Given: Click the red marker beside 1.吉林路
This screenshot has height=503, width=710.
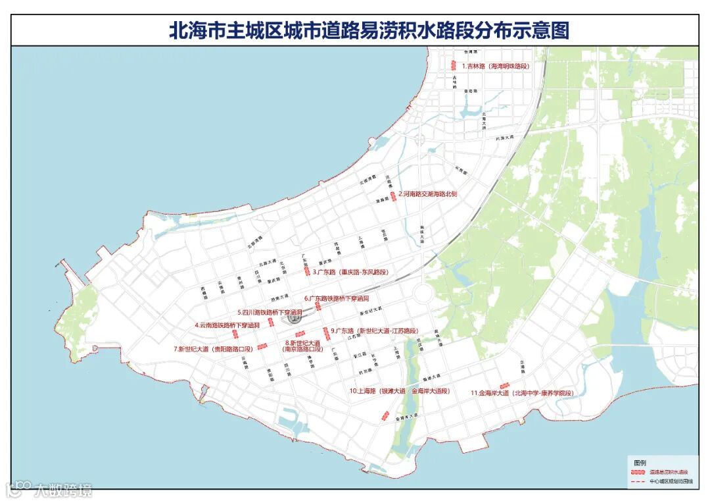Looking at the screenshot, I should click(x=454, y=65).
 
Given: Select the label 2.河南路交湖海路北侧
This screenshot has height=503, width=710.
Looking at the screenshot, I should click(x=431, y=194).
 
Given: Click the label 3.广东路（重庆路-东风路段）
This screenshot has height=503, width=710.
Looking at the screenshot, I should click(x=350, y=271).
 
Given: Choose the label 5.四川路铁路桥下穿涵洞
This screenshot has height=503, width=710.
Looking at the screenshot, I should click(x=270, y=312).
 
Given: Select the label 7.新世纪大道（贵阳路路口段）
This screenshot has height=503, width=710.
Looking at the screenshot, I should click(x=213, y=348).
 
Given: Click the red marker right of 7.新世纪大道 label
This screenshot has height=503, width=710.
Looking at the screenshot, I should click(x=262, y=346).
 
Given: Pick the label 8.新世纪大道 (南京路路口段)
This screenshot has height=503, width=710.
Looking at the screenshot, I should click(x=303, y=346).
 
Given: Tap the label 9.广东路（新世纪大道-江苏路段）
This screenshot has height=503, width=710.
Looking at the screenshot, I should click(x=374, y=331).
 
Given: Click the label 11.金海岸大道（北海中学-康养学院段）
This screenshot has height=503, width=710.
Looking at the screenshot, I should click(x=522, y=393).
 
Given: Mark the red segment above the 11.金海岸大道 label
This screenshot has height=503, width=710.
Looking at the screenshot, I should click(x=505, y=385).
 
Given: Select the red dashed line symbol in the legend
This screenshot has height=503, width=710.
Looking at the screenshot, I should click(x=636, y=482).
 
